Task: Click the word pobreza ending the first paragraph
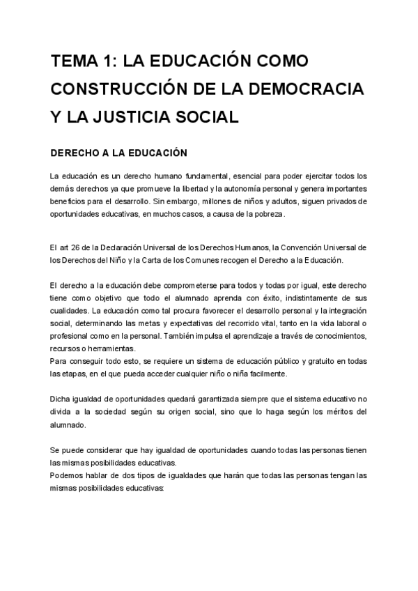click(269, 213)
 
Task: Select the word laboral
click(347, 323)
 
